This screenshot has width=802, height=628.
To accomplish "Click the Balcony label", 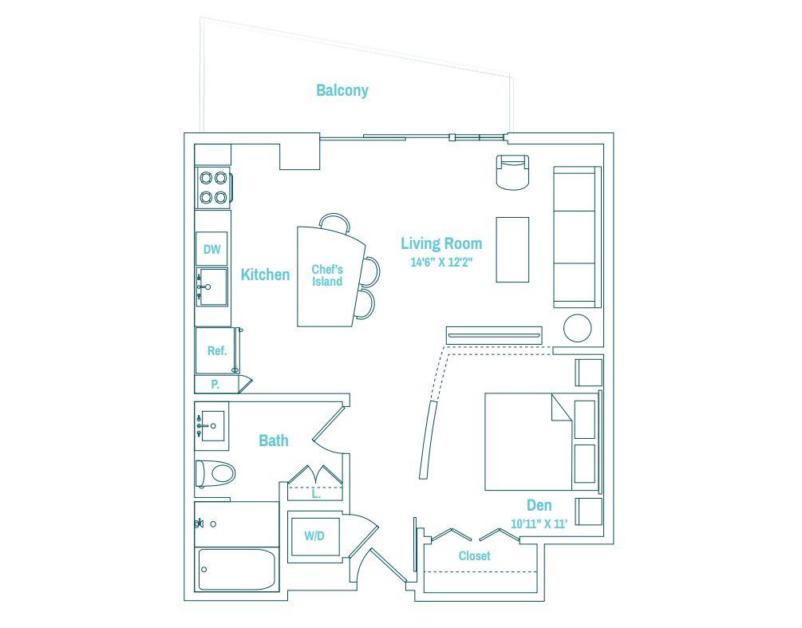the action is pos(342,90).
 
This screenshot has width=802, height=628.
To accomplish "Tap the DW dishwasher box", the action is pos(211,249).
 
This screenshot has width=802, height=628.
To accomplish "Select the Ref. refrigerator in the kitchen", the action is pos(217,350).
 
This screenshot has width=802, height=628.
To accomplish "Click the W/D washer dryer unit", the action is pos(314,536).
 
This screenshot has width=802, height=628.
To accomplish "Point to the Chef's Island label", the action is pos(327,275).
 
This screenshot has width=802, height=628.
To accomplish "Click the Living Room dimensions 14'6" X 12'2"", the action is pos(441,263).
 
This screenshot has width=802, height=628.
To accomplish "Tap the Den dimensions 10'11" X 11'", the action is pos(539,523).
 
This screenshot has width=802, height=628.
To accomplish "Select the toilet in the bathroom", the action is pos(215,474).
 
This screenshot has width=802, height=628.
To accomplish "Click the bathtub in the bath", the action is pos(237,569).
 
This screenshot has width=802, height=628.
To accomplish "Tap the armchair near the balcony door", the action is pos(512,172).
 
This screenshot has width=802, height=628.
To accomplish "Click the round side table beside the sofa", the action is pos(578,328).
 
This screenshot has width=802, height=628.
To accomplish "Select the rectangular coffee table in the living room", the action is pos(512,250).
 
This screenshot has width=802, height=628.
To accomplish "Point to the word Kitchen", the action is pos(265,275).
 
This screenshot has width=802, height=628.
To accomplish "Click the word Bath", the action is pos(274,440).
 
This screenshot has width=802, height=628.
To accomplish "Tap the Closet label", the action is pos(475,556).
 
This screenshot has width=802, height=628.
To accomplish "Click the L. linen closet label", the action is pos(316,494).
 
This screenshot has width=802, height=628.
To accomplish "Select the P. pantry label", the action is pos(215,385).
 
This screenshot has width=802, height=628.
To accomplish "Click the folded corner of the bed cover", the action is pos(562,407).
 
